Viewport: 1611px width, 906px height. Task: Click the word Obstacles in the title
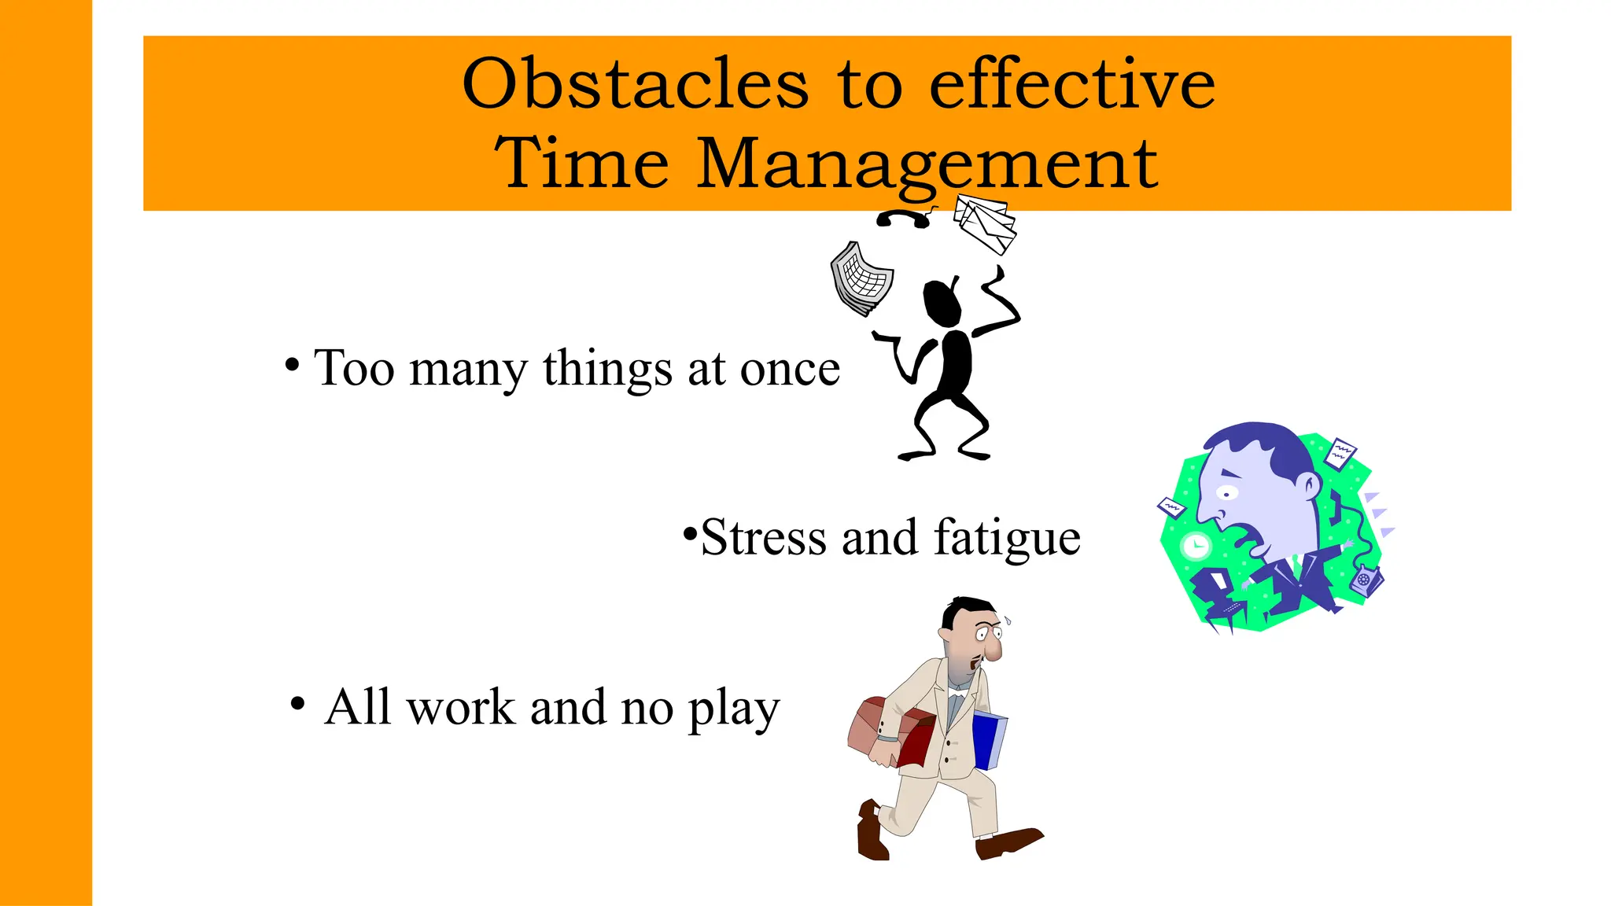click(x=635, y=84)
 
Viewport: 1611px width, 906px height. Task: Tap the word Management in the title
click(x=927, y=164)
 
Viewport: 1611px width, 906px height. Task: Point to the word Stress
click(x=764, y=538)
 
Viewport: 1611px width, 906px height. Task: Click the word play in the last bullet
click(x=733, y=708)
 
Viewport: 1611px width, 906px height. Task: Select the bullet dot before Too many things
click(x=292, y=365)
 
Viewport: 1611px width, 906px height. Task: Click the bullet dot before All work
click(x=297, y=703)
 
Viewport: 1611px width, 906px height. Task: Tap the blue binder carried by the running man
click(x=988, y=740)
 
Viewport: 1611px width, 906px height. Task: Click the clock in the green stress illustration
click(x=1196, y=545)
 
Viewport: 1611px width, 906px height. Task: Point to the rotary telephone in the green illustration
click(x=1364, y=580)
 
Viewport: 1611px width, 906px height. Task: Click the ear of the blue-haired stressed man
click(x=1309, y=484)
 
